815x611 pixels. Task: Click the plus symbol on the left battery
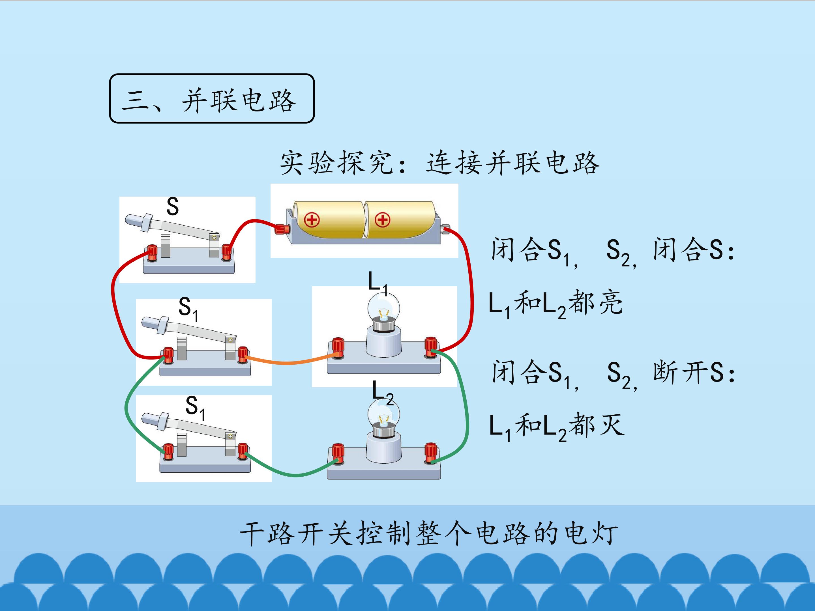coord(312,220)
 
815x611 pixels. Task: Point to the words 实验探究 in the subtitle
coord(337,162)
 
